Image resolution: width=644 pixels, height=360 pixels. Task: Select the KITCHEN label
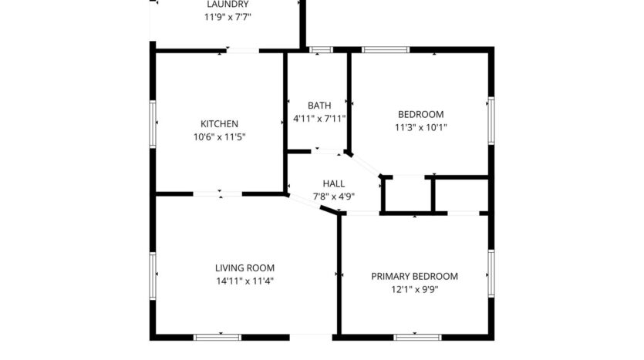[219, 124]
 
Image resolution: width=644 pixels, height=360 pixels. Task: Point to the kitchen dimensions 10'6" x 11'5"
[219, 137]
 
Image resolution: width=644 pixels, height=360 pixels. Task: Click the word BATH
[319, 106]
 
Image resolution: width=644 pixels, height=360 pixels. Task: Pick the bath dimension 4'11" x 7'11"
[319, 119]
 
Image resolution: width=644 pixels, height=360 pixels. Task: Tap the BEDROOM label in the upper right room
[420, 114]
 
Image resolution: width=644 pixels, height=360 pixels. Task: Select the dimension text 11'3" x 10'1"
[420, 128]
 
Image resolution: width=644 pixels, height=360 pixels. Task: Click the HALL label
[333, 183]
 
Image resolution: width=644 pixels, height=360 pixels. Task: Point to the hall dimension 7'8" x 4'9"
[333, 197]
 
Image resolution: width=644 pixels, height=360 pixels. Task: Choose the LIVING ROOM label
[244, 267]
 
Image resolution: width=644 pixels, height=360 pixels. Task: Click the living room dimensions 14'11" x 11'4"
[244, 281]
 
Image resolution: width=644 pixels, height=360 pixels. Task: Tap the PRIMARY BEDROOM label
[414, 276]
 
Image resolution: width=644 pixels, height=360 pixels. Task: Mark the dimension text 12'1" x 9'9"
[414, 290]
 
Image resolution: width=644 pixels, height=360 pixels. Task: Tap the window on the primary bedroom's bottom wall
[417, 337]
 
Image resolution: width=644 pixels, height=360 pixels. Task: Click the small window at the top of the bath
[320, 50]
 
